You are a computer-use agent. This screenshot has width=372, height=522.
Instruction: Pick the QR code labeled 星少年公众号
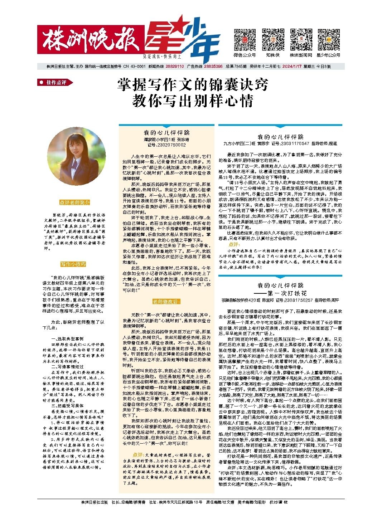(328, 40)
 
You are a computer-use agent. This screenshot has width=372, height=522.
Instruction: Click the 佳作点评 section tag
(55, 83)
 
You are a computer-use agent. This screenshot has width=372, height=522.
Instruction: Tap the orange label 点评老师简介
(75, 203)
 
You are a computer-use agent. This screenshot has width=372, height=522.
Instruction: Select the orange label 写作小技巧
(73, 264)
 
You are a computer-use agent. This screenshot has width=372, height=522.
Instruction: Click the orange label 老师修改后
(166, 302)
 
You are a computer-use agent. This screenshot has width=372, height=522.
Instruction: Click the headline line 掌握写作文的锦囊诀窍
(193, 86)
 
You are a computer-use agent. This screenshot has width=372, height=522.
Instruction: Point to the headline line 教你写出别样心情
(193, 101)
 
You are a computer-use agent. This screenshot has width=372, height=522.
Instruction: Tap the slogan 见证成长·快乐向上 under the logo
(162, 57)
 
